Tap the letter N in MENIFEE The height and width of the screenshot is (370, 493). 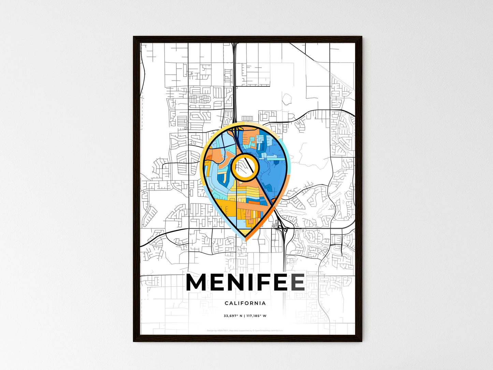coord(237,283)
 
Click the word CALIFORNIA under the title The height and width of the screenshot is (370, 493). coord(245,303)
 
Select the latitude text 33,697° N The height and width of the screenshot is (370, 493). coord(233,316)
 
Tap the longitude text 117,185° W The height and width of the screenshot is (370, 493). coord(256,316)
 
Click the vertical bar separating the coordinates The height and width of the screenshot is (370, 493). coord(244,316)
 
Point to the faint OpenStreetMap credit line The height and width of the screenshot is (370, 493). coord(245,330)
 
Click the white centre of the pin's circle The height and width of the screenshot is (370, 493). coord(245,167)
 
